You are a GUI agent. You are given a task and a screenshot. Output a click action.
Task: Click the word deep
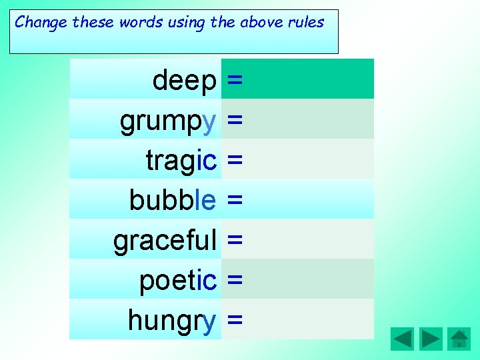click(185, 81)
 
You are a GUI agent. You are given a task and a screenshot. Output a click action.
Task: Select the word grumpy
click(168, 121)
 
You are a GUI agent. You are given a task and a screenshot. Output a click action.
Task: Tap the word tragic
click(181, 161)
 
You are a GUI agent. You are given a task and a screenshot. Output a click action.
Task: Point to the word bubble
click(173, 200)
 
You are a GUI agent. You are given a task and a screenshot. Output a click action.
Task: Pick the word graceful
click(165, 241)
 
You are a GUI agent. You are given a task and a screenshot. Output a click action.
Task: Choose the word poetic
click(178, 281)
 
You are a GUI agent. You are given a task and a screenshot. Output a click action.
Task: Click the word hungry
click(172, 321)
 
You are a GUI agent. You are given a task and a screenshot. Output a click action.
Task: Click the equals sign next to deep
click(235, 81)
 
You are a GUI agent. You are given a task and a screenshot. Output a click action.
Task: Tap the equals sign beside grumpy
click(235, 121)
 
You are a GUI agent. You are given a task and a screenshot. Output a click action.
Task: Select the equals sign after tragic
click(235, 161)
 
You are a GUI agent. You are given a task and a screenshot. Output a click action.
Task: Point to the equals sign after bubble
click(235, 200)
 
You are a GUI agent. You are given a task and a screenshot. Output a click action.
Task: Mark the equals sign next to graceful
click(235, 241)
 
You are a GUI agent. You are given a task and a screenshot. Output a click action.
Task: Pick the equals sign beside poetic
click(235, 281)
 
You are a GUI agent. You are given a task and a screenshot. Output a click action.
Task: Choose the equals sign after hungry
click(235, 321)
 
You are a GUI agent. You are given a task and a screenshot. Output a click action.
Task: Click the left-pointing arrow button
click(402, 339)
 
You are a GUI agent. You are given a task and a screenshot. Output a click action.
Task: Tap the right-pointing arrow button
click(431, 339)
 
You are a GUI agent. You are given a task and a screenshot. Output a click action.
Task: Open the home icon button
click(459, 339)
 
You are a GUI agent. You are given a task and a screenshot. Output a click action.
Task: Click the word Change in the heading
click(41, 22)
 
